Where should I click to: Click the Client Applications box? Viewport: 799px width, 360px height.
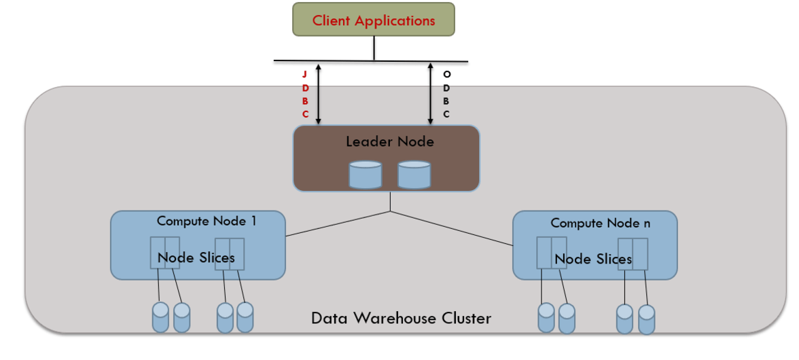tap(373, 20)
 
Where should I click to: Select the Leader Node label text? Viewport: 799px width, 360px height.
tap(389, 142)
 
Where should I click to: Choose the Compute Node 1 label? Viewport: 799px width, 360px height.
tap(207, 221)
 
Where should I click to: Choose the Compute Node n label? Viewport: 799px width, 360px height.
tap(595, 223)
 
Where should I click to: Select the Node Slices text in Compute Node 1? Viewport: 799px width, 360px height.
tap(196, 257)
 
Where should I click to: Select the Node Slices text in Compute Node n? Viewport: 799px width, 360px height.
tap(592, 259)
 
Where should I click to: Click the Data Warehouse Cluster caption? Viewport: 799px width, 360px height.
tap(401, 318)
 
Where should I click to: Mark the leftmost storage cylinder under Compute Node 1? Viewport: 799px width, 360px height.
tap(160, 317)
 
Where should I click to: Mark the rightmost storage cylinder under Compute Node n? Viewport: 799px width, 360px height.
tap(647, 319)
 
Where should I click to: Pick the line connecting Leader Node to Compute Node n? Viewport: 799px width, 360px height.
tap(451, 228)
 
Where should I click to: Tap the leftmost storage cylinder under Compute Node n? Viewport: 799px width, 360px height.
tap(546, 317)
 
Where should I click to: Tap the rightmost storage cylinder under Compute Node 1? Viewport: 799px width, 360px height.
tap(245, 317)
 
